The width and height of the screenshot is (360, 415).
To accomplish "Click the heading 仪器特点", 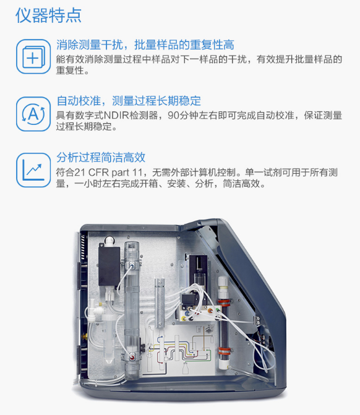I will click(48, 15).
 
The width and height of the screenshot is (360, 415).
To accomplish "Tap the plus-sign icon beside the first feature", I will click(33, 57).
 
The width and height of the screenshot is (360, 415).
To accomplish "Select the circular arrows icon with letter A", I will click(33, 114).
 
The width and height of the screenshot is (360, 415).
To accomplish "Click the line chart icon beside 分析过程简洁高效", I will click(33, 170).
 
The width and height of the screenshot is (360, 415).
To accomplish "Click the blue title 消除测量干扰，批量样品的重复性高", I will click(145, 45).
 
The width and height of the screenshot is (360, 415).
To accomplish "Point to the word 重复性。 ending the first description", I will click(73, 71).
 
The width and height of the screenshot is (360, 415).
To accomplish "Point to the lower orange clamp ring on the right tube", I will click(224, 351).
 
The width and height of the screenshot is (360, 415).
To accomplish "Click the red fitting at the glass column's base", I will click(132, 357).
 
